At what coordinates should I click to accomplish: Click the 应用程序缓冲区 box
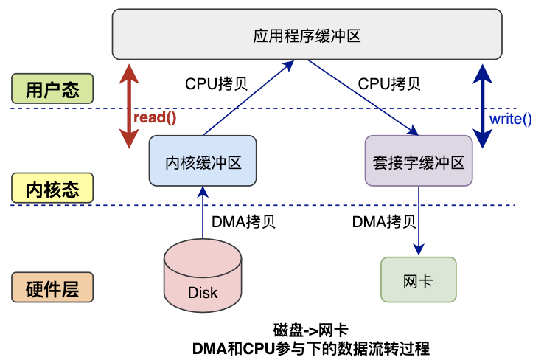tap(307, 35)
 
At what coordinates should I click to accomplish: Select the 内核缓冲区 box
tap(203, 160)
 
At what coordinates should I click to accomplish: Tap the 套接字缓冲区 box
tap(418, 160)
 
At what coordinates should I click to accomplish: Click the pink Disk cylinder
tap(203, 276)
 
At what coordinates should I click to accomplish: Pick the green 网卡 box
tap(418, 280)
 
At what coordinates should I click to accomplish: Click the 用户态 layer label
tap(52, 89)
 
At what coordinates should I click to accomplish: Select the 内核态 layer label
tap(52, 188)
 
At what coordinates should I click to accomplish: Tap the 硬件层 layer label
tap(52, 288)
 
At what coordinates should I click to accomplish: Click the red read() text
tap(155, 117)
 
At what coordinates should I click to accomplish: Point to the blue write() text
tap(510, 118)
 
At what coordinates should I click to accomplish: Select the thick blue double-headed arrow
tap(482, 103)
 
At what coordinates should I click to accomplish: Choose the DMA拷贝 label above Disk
tap(244, 221)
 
